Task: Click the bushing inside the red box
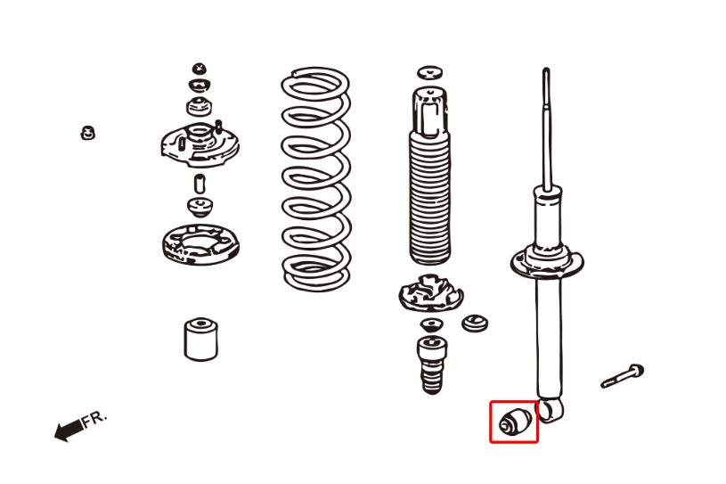514,422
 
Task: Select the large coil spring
315,178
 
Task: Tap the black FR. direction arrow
68,431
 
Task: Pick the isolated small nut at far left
87,133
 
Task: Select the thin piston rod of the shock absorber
544,125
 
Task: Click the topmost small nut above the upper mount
200,69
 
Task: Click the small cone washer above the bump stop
431,324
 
